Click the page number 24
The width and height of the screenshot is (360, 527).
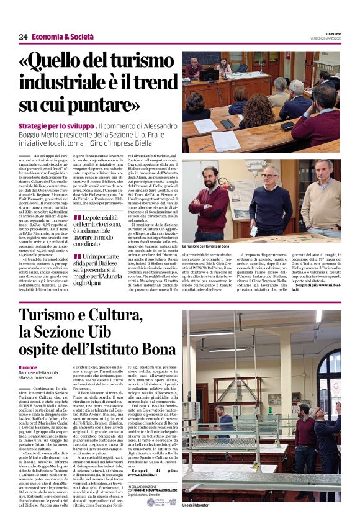[x=24, y=37]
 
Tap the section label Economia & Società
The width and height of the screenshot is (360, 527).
[x=59, y=37]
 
